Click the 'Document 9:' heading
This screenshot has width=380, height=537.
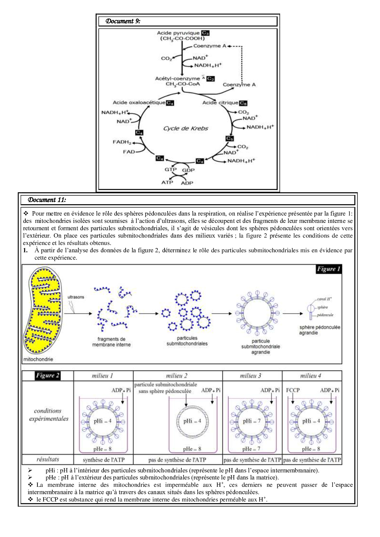(123, 21)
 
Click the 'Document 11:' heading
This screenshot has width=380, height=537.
(47, 200)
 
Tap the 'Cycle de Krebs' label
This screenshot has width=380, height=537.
(185, 128)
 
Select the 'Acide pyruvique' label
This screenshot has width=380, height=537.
(178, 33)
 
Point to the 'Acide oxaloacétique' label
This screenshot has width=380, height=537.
(139, 103)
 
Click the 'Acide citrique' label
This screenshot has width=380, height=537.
(220, 103)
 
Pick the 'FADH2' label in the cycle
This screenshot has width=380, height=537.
(122, 142)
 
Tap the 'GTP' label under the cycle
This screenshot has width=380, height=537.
(170, 169)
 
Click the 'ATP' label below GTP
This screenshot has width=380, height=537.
(167, 182)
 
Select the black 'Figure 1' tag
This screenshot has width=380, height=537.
(329, 269)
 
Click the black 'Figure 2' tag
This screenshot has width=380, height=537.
(47, 375)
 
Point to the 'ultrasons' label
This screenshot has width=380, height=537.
(76, 297)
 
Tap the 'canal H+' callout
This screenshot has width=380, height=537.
(324, 299)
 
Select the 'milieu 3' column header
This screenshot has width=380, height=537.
(251, 376)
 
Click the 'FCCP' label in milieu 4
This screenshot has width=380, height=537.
(293, 390)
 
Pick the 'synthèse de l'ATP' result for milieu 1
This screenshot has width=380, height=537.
(104, 460)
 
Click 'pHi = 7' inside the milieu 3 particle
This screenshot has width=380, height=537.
(252, 421)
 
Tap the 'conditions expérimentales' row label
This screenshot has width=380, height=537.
(48, 415)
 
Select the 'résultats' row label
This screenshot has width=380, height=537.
(47, 459)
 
